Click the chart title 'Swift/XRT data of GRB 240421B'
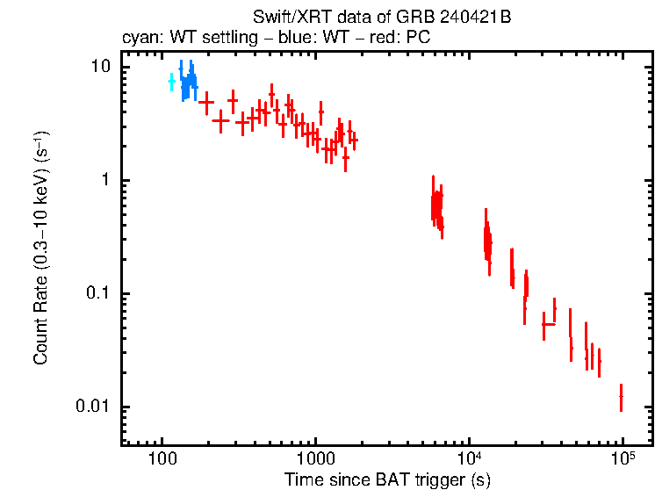tap(387, 18)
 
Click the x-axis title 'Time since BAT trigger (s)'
tap(387, 479)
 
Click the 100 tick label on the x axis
tap(162, 459)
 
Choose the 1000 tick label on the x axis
tap(315, 459)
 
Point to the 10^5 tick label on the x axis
tap(623, 458)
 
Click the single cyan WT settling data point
tap(171, 82)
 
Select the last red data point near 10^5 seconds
tap(621, 397)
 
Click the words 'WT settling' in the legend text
tap(204, 39)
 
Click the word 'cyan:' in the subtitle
tap(139, 39)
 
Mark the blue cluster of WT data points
tap(187, 81)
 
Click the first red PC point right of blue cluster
tap(206, 102)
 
